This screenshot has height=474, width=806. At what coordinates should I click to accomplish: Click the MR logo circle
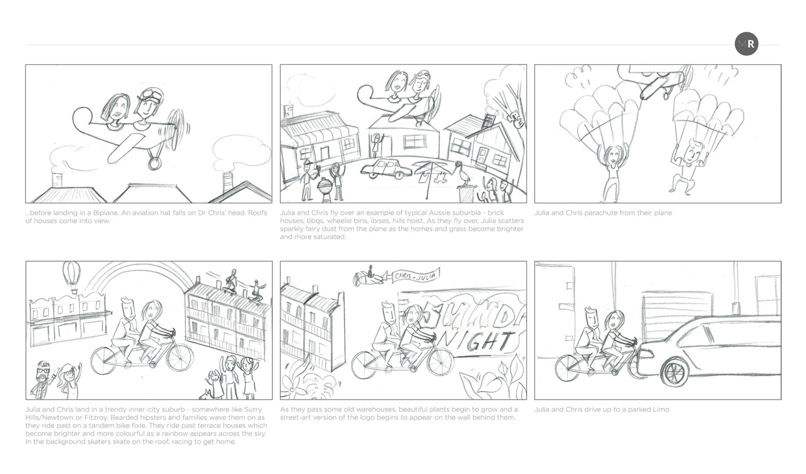[x=746, y=44]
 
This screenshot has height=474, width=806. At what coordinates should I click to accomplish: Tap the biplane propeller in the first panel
[x=177, y=129]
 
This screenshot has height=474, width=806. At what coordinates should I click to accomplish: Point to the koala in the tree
[x=515, y=119]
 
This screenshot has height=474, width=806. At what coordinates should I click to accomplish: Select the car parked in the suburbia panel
[x=386, y=169]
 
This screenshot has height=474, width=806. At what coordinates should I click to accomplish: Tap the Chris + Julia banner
[x=415, y=276]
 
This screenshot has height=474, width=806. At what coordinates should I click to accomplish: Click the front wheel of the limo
[x=675, y=372]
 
